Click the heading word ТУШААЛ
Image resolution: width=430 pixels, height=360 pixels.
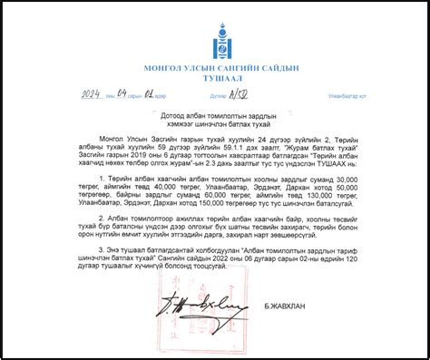tap(214, 80)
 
